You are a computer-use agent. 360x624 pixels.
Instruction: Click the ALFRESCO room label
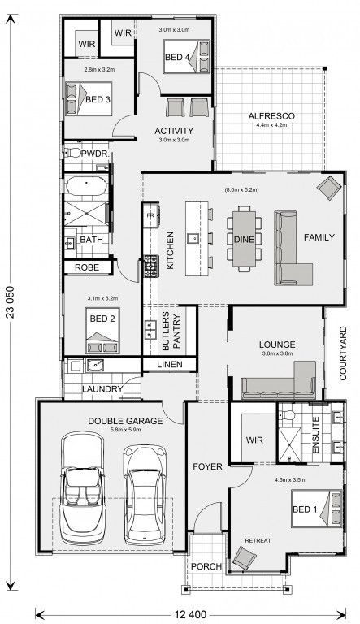[x=271, y=116]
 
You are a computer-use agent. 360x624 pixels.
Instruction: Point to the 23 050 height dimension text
[x=11, y=302]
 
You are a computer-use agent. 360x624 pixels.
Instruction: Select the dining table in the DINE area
[x=244, y=239]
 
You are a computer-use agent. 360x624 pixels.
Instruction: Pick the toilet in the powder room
[x=72, y=153]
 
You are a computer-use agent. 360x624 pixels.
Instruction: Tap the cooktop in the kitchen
[x=151, y=266]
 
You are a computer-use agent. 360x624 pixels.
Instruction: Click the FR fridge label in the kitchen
[x=150, y=215]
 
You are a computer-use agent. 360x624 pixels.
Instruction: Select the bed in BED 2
[x=102, y=330]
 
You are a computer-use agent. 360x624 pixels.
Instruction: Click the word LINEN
[x=170, y=364]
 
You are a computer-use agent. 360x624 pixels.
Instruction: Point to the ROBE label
[x=87, y=267]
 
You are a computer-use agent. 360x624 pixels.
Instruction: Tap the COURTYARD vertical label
[x=343, y=353]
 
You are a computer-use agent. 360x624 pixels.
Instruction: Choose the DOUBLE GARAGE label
[x=125, y=421]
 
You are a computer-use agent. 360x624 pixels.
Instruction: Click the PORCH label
[x=206, y=565]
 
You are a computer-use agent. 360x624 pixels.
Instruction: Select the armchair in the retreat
[x=245, y=557]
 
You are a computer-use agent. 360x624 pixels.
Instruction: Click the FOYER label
[x=207, y=466]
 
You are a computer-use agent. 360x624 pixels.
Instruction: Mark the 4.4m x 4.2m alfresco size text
[x=271, y=124]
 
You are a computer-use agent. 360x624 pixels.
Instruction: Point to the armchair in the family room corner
[x=329, y=188]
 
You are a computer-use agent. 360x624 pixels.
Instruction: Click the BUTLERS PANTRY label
[x=171, y=331]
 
